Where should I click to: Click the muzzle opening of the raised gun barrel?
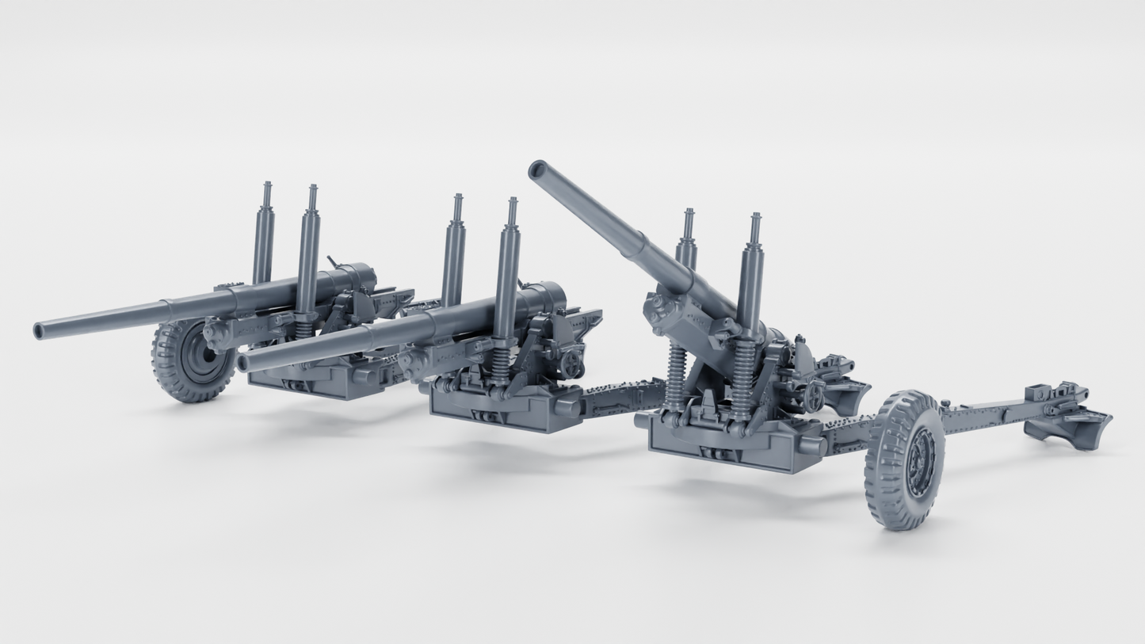[x=538, y=170]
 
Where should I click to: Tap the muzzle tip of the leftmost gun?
[x=38, y=331]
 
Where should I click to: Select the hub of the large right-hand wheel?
[x=922, y=460]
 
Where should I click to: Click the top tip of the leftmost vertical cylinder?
[x=267, y=185]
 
